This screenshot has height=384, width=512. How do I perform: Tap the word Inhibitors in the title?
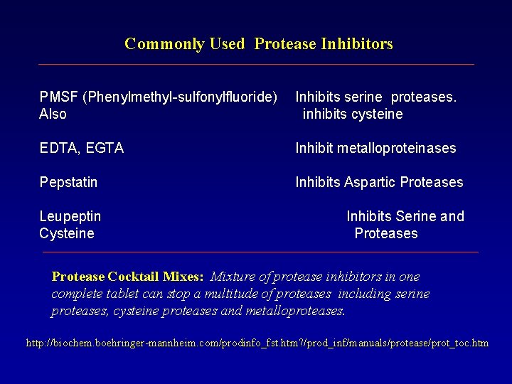pos(356,44)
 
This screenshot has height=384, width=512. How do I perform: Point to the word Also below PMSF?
pos(53,114)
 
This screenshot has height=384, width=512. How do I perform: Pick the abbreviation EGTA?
pos(105,148)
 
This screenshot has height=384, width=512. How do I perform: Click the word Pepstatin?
pos(68,182)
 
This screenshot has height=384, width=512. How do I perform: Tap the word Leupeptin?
pos(70,216)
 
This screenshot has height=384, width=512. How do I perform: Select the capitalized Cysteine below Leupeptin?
pos(67,233)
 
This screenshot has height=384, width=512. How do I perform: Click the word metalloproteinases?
pos(395,148)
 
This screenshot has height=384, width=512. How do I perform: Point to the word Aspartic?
pos(370,182)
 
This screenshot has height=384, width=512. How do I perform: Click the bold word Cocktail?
pos(133,276)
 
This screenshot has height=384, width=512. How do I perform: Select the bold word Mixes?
pos(183,276)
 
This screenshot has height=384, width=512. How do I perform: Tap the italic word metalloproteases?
pos(294,310)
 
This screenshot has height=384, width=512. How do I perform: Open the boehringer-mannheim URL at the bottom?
pos(257,343)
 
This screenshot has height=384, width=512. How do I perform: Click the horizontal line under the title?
pos(256,65)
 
